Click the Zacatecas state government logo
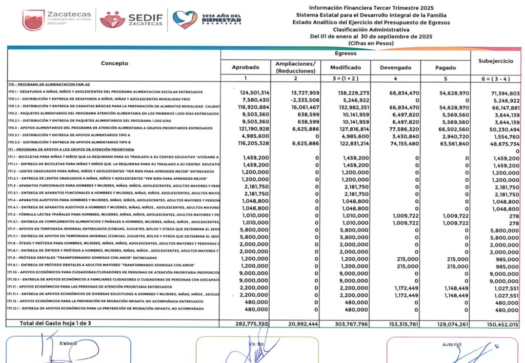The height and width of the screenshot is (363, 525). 57,19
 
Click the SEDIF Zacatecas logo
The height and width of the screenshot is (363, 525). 132,20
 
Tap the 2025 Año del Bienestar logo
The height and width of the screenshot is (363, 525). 208,20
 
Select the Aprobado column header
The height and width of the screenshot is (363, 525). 245,67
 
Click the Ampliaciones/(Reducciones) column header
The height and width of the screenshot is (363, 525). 295,67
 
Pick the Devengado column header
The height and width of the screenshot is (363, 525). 395,67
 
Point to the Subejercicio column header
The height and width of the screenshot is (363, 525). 495,61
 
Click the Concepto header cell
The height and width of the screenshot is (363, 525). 114,64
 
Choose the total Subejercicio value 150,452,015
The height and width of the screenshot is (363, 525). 499,323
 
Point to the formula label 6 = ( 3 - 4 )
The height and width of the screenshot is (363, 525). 495,79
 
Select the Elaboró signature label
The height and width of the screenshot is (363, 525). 68,342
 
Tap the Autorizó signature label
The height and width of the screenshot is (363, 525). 452,345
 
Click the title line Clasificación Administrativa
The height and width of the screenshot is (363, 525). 371,29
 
